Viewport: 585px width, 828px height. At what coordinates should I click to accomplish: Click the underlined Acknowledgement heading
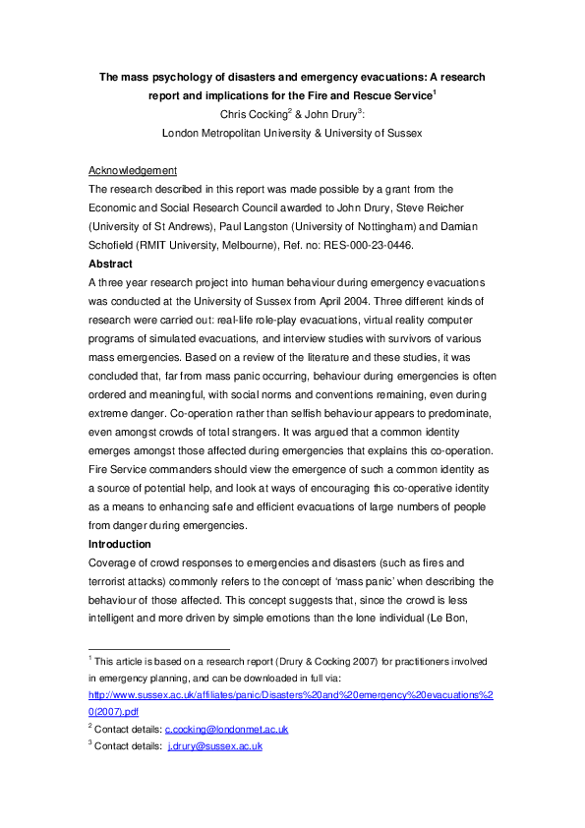133,170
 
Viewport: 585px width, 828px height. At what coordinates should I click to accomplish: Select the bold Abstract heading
111,264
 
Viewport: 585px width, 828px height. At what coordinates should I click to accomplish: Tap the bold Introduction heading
120,544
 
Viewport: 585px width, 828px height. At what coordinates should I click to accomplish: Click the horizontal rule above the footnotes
158,648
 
